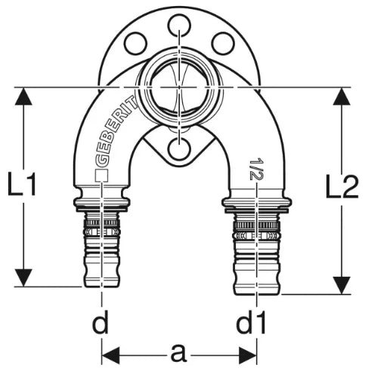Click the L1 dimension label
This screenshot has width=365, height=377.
coord(22,184)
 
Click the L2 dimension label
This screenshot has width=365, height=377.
coord(342,186)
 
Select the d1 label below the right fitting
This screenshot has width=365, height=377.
coord(251,322)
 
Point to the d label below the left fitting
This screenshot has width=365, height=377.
coord(101,322)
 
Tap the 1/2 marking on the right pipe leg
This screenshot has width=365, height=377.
coord(257,169)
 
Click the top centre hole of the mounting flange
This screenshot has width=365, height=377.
coord(179,25)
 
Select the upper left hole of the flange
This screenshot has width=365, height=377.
coord(136,43)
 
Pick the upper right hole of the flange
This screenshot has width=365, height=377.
coord(223,43)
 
